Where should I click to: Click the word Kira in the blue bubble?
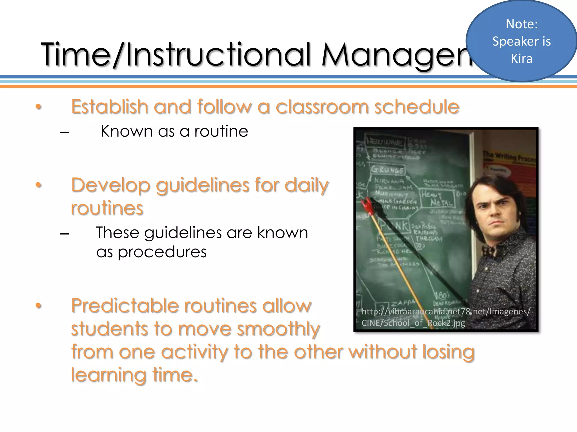(x=521, y=58)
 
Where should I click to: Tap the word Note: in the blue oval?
(x=521, y=24)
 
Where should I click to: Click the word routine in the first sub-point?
(x=221, y=131)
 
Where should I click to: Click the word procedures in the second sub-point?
(x=162, y=252)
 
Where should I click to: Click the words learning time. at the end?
(x=134, y=375)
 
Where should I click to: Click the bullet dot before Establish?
(x=39, y=107)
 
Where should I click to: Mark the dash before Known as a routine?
(x=64, y=132)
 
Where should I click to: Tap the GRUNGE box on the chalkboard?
(x=388, y=170)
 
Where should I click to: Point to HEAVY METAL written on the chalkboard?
(x=437, y=198)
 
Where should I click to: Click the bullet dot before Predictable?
(x=39, y=306)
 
